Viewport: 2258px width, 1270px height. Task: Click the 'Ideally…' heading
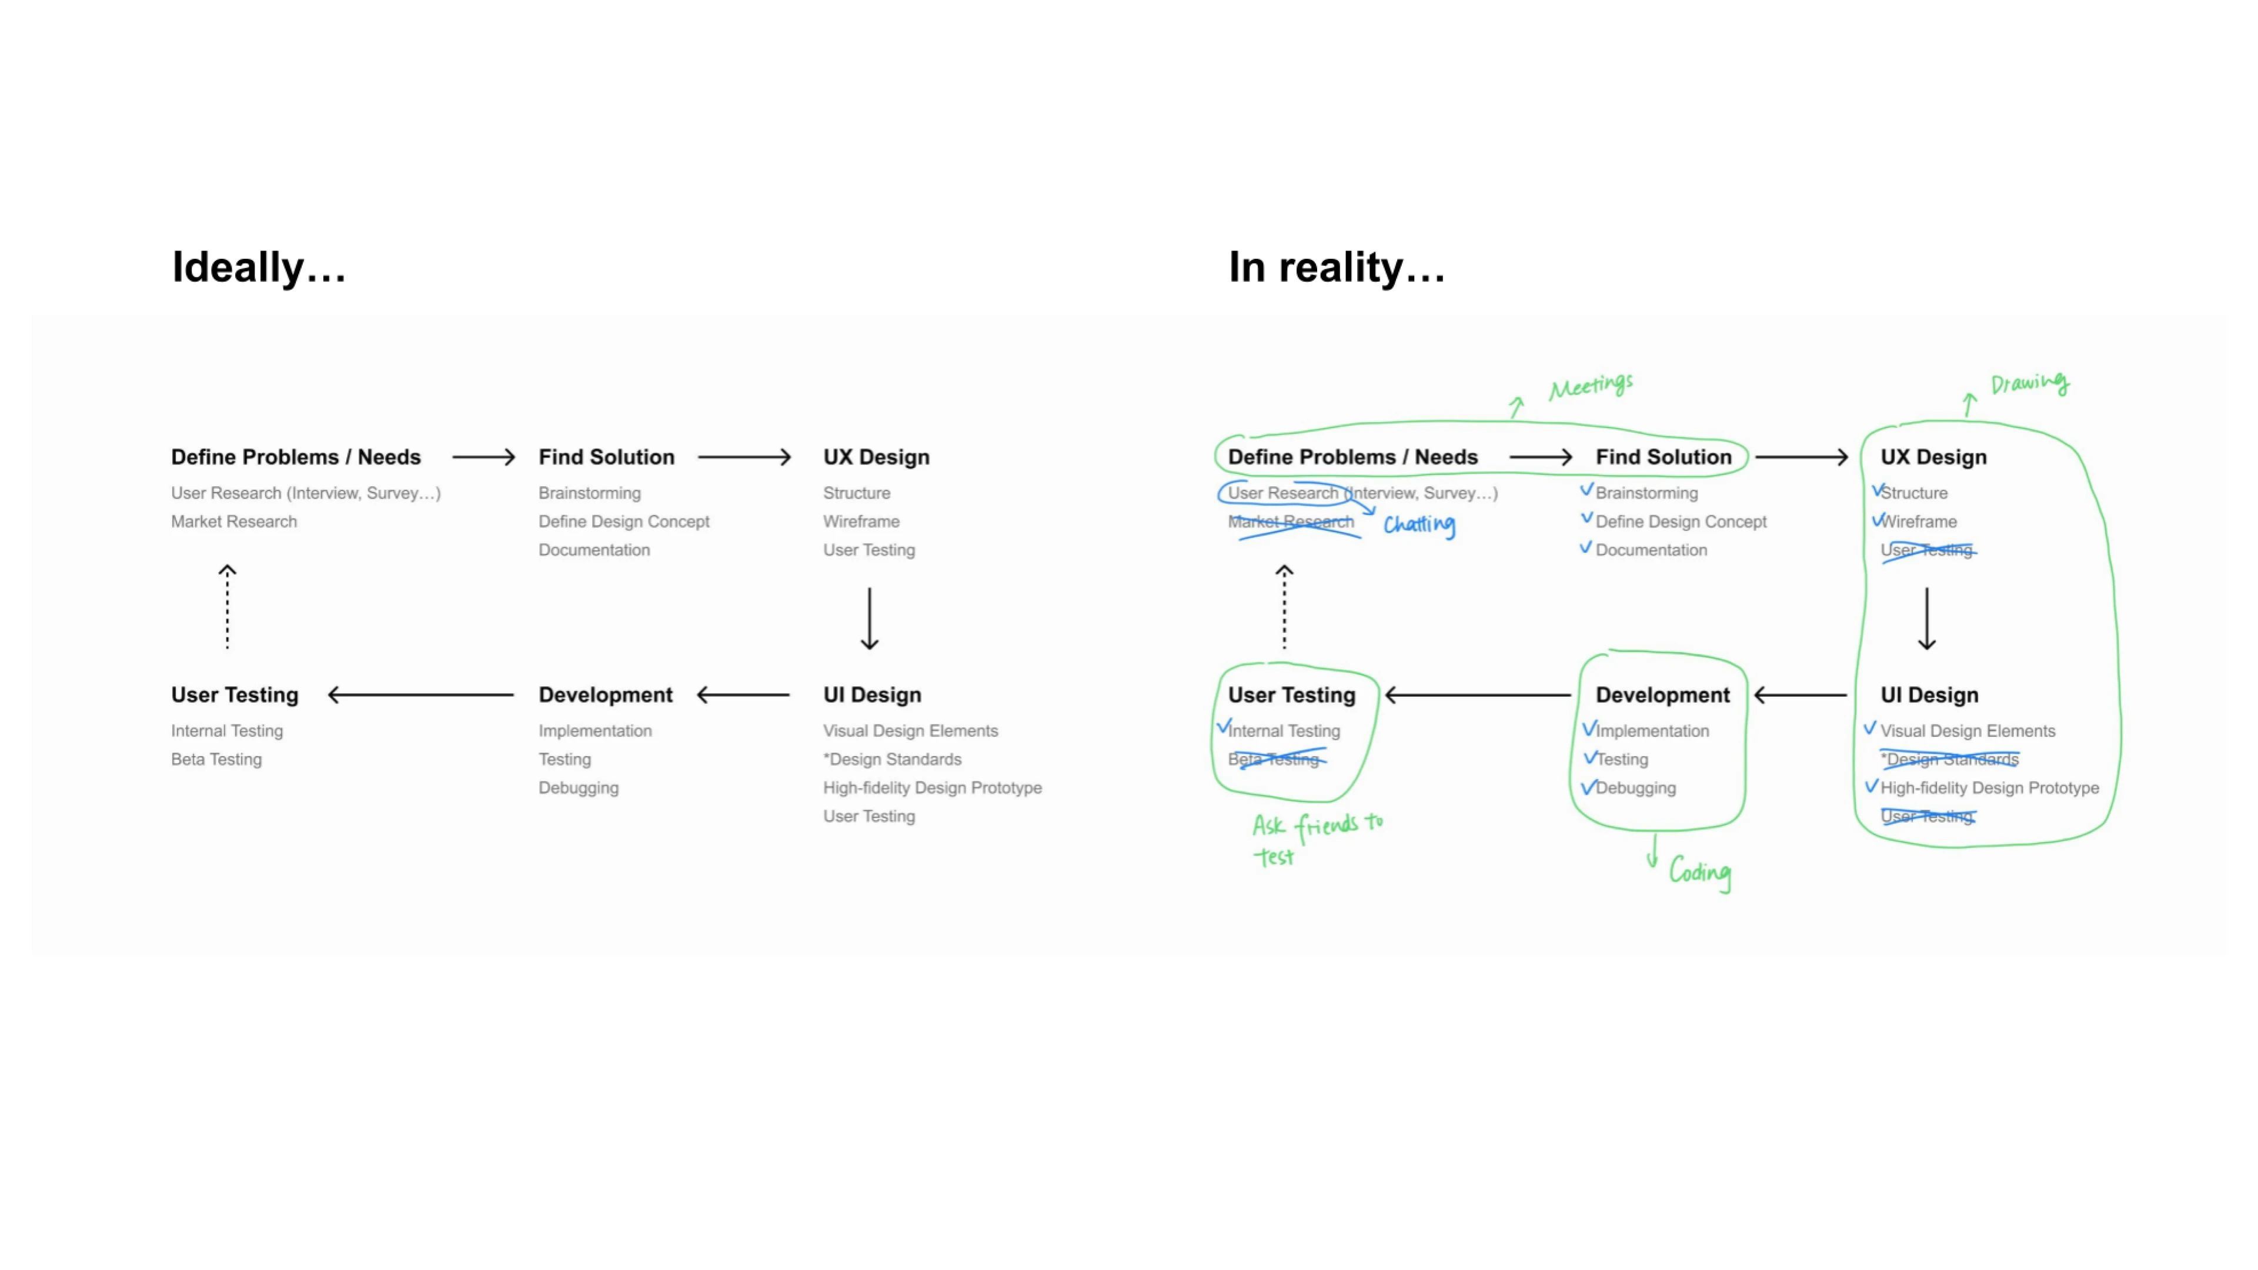259,268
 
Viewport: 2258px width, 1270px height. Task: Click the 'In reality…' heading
1336,268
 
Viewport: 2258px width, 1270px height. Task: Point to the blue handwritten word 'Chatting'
1419,524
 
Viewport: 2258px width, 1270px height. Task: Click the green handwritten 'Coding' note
1699,872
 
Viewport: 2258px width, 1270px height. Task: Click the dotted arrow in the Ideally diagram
227,607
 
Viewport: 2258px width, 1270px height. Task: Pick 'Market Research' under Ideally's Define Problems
234,522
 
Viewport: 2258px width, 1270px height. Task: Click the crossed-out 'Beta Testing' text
1274,759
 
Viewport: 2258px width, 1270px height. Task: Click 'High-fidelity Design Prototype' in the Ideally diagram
932,788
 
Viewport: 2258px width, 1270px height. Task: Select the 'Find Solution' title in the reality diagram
1663,457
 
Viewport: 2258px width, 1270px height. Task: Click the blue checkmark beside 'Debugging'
1588,787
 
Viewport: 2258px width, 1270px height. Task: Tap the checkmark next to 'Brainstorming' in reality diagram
1586,490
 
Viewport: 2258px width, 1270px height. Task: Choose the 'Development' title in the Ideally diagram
605,695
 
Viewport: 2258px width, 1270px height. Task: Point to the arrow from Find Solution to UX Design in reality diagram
1801,457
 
